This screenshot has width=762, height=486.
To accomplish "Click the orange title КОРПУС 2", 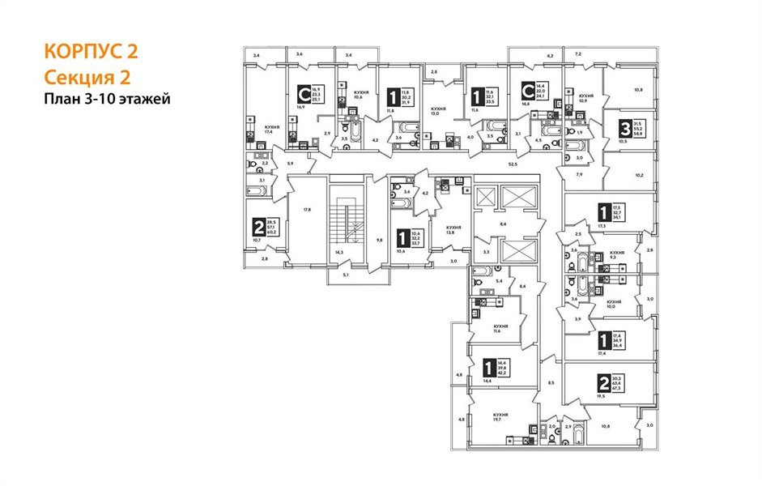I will tap(92, 52).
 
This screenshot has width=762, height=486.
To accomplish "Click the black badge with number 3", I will tap(625, 128).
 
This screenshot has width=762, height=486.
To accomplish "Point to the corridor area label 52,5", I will tap(511, 164).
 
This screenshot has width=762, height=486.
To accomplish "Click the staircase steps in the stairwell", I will tap(347, 223).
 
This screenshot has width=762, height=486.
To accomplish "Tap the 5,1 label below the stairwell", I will tap(346, 275).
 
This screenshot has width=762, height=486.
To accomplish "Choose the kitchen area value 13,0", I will tap(438, 113).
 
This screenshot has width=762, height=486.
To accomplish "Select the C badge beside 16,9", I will tap(304, 96).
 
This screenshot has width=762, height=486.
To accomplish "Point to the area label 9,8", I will tap(379, 239).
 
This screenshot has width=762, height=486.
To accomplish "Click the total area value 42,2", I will tap(502, 374).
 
